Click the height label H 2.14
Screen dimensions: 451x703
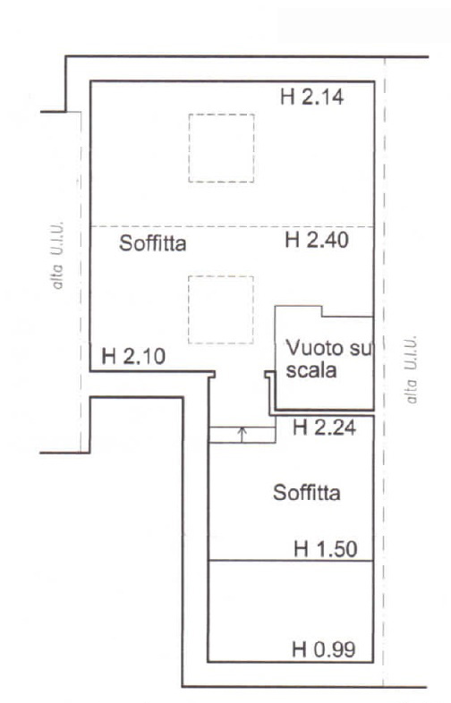tap(312, 97)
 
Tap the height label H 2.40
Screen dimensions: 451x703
tap(317, 241)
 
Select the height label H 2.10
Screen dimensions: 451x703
tap(133, 357)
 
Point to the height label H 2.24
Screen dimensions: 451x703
tap(324, 428)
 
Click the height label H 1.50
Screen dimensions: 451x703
tap(326, 549)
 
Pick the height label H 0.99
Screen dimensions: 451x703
tap(324, 649)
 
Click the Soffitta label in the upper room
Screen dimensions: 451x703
tap(153, 243)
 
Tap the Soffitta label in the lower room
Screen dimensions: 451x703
tap(307, 493)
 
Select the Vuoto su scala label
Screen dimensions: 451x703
tap(329, 360)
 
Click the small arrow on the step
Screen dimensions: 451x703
tap(243, 434)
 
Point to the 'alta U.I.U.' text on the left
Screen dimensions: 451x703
tap(57, 255)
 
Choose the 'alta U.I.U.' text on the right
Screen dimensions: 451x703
tap(411, 369)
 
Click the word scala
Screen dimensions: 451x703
tap(311, 371)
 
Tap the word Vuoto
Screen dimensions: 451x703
tap(314, 348)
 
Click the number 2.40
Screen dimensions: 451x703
tap(328, 241)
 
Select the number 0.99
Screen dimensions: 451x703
tap(335, 649)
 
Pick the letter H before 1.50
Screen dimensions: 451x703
tap(302, 549)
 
